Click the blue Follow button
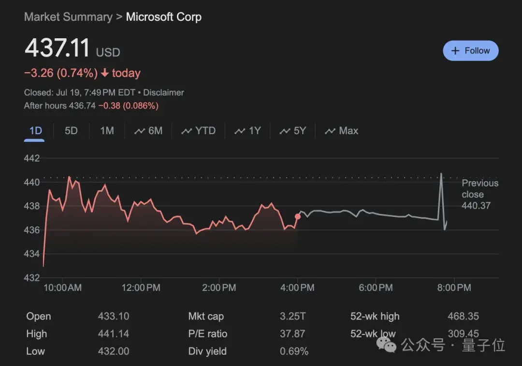click(x=470, y=51)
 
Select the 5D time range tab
click(x=71, y=131)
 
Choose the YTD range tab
click(x=198, y=131)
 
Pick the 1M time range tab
click(x=107, y=131)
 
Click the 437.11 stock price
click(x=58, y=48)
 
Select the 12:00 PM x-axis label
click(x=141, y=288)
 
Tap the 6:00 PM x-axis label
click(x=376, y=288)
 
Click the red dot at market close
click(x=298, y=216)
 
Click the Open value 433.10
click(x=114, y=317)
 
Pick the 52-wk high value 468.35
click(x=463, y=317)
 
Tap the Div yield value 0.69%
click(x=294, y=351)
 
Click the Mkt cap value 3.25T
click(x=292, y=317)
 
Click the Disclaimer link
click(x=163, y=92)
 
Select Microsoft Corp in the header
click(x=163, y=17)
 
